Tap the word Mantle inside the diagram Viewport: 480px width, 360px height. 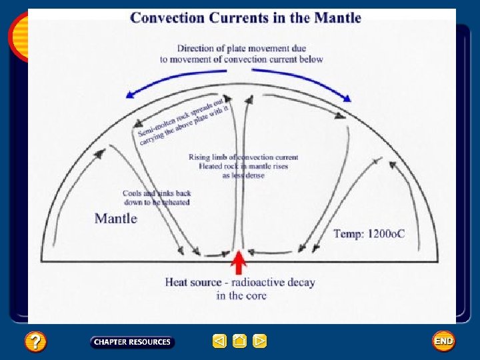(116, 219)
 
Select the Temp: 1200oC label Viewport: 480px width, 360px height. (369, 233)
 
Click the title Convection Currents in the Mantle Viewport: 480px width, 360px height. (245, 17)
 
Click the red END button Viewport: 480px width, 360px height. (443, 341)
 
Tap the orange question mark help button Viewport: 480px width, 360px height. (35, 342)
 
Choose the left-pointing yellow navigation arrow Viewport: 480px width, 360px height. (219, 341)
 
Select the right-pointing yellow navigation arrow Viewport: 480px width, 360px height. (260, 341)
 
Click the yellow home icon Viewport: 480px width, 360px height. (240, 341)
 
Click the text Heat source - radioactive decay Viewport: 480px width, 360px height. (240, 282)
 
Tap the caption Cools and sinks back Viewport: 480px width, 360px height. (157, 193)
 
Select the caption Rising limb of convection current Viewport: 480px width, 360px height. (243, 157)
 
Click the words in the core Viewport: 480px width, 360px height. (241, 295)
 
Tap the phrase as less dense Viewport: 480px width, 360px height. (243, 175)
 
